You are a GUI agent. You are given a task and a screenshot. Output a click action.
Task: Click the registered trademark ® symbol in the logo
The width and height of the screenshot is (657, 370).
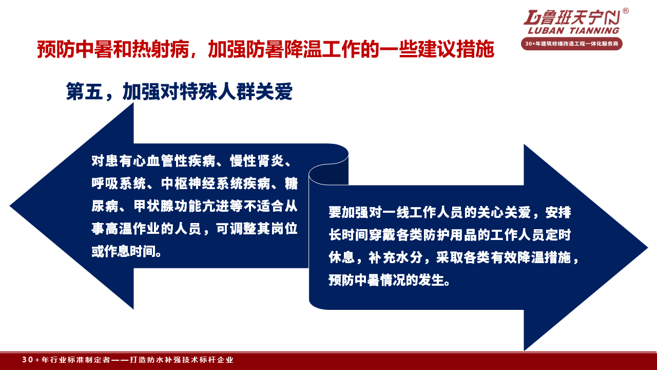(x=625, y=11)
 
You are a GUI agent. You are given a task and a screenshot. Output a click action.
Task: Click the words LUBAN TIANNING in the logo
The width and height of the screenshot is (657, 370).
(x=573, y=30)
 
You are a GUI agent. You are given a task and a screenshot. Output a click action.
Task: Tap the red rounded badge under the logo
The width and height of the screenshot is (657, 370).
(x=572, y=44)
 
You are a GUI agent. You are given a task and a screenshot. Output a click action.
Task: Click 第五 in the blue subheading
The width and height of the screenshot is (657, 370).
(x=85, y=91)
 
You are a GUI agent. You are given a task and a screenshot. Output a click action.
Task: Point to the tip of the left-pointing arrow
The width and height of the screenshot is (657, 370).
(x=10, y=206)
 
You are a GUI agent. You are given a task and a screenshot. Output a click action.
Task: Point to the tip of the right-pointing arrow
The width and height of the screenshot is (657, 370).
(x=647, y=248)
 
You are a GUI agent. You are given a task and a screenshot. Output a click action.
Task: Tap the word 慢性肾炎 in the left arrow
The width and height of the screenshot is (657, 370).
(x=257, y=161)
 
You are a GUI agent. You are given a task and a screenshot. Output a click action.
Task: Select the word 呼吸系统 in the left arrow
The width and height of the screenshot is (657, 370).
(x=119, y=183)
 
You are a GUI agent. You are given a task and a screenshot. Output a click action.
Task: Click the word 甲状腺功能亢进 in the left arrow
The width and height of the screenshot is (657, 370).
(x=181, y=206)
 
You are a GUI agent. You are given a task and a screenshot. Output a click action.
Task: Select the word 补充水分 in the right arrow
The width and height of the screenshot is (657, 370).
(x=395, y=257)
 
